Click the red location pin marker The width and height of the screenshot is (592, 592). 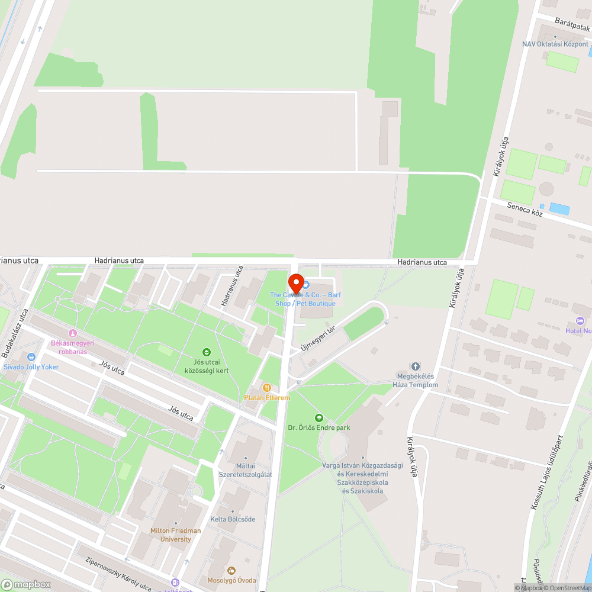pos(295,284)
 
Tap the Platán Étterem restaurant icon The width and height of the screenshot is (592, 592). pos(267,388)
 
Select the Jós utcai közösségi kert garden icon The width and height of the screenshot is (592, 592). pos(207,352)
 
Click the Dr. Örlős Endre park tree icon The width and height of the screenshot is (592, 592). pos(319,418)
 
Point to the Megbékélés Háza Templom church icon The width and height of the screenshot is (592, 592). pos(415,366)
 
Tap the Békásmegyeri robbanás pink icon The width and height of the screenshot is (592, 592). pos(73,333)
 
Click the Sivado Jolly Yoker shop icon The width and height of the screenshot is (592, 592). pos(31,357)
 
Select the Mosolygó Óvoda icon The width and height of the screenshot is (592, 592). pos(231,570)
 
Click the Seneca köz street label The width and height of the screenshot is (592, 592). pos(525,209)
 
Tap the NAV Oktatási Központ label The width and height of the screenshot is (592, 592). pos(555,44)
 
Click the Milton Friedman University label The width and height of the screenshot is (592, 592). pos(176,535)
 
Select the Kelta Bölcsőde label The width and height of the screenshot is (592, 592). pos(233,519)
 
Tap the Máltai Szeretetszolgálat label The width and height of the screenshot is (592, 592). pos(246,470)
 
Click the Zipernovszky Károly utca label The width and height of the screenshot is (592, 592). pos(118,575)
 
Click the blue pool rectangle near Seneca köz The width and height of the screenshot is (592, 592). pos(559,208)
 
